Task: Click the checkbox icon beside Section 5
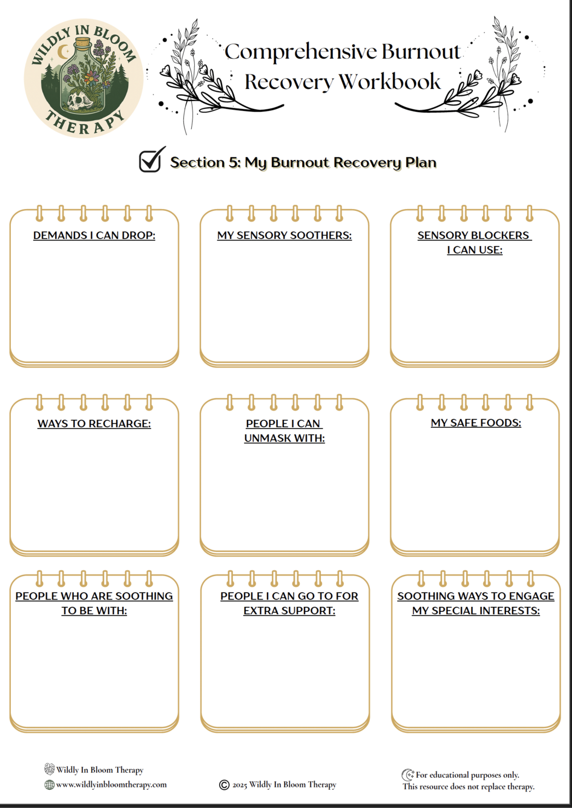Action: point(151,160)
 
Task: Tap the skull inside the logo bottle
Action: point(77,101)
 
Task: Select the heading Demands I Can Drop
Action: point(94,235)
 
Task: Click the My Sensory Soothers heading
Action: point(284,235)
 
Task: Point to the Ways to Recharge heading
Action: point(94,424)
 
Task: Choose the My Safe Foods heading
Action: point(476,423)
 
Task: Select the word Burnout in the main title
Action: point(421,52)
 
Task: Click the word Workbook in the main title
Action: point(390,81)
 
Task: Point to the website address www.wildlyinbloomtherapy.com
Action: point(112,785)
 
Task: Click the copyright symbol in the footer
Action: point(224,785)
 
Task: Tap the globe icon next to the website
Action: point(50,785)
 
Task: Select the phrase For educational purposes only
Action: point(467,775)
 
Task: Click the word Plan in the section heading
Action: point(421,162)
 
